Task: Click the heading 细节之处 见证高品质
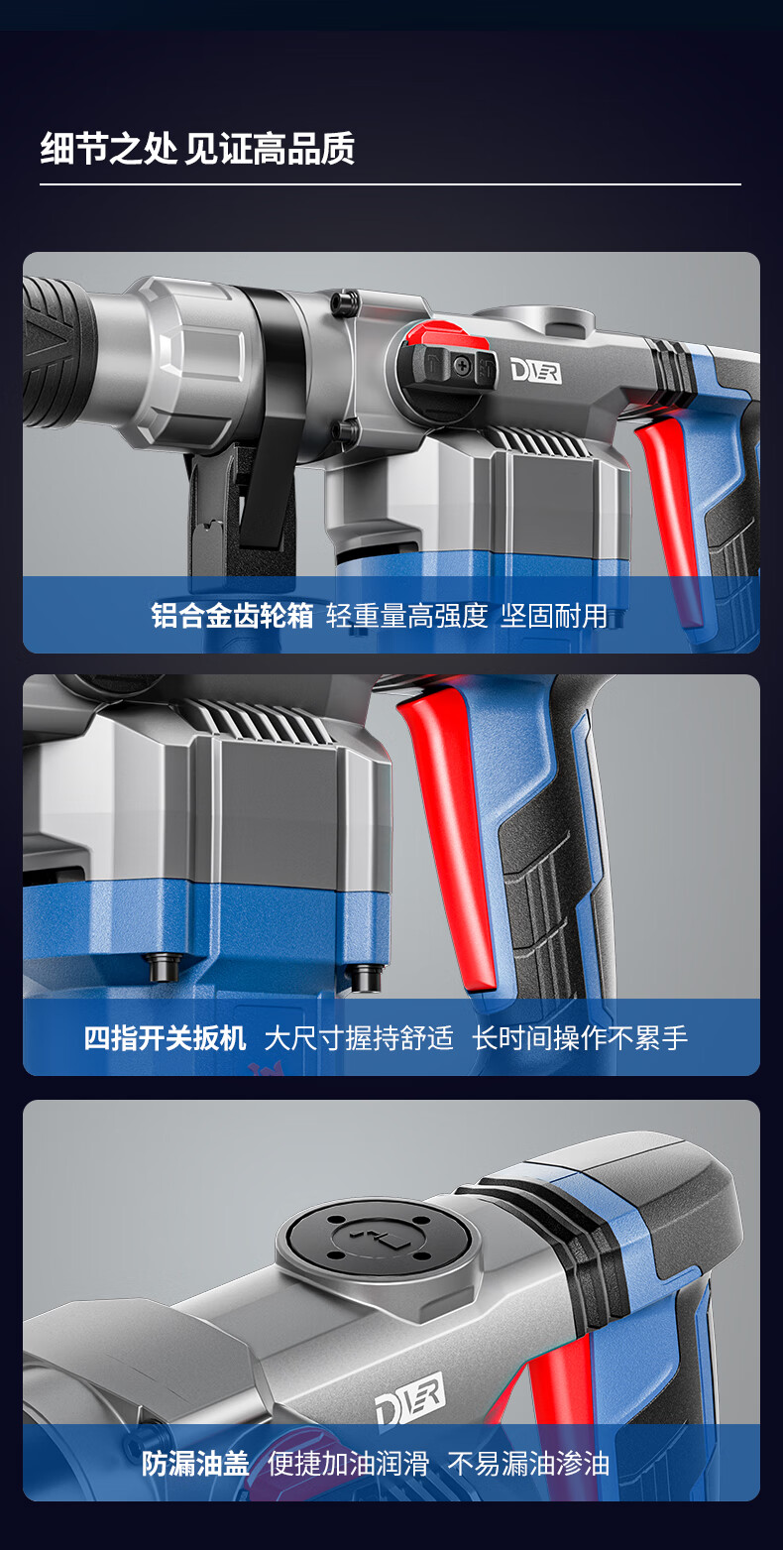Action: click(198, 148)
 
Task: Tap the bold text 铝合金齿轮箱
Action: click(232, 615)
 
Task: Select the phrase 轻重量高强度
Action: click(406, 615)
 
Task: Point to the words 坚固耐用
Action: click(554, 615)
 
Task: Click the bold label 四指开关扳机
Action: click(165, 1038)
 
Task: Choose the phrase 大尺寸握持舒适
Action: click(359, 1038)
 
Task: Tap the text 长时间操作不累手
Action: click(581, 1038)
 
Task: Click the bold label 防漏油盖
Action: click(196, 1464)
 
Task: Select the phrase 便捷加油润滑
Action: click(349, 1464)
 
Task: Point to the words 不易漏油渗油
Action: click(529, 1464)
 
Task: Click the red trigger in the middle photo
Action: click(450, 830)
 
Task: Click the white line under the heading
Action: click(391, 184)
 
